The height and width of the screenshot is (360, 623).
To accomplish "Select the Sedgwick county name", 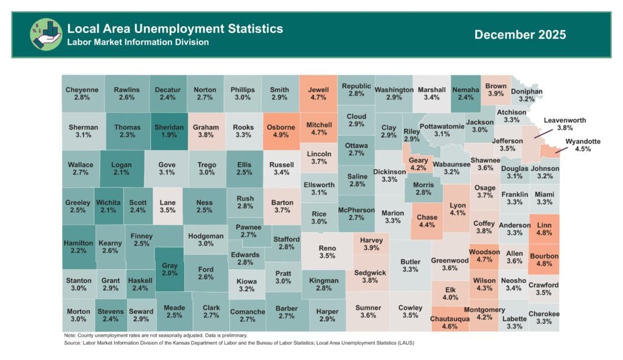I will tap(370, 272).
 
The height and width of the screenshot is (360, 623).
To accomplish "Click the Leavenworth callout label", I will tap(565, 120).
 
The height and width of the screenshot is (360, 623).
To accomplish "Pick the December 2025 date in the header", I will tap(520, 35).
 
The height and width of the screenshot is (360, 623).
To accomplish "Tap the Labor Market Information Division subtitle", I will tap(138, 43).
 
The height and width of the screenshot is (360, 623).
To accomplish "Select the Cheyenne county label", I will tap(82, 90).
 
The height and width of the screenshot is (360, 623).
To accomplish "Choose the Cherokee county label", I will tap(544, 314).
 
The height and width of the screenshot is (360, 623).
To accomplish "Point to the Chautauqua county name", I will tap(454, 318).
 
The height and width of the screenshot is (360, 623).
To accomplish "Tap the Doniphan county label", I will tap(527, 91).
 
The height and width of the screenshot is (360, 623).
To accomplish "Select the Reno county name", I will tap(327, 247).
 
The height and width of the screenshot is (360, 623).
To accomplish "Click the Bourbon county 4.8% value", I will tap(544, 265).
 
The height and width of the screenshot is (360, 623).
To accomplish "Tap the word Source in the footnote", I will tap(73, 343).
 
